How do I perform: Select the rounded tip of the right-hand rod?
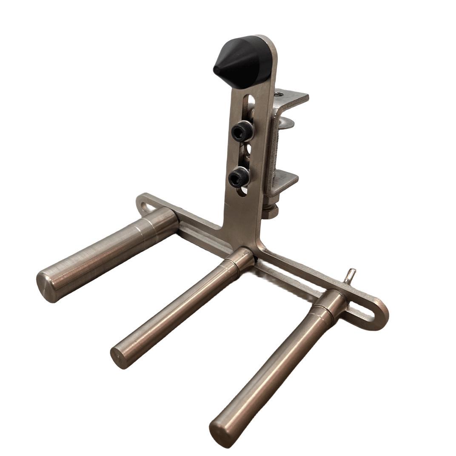point(221,432)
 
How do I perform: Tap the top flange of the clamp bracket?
point(291,97)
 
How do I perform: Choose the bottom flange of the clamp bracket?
point(285,180)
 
